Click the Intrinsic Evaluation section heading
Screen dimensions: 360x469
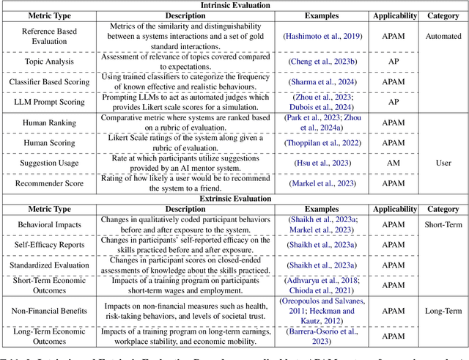click(235, 5)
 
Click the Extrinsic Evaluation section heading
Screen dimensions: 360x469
click(235, 198)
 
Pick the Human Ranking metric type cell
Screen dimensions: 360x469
click(49, 122)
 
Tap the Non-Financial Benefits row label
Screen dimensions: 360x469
click(49, 311)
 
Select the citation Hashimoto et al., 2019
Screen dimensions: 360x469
click(323, 35)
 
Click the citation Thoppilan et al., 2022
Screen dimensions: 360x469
click(323, 143)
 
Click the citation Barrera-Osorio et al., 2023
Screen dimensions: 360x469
click(323, 336)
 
